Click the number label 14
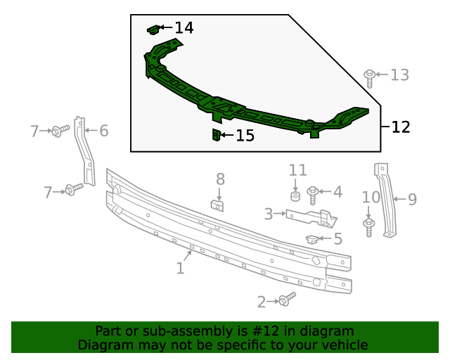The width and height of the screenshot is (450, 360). [184, 28]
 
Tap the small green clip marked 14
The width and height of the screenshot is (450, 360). [153, 29]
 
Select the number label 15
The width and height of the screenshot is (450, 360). [245, 136]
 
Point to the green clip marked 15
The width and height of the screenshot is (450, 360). [217, 134]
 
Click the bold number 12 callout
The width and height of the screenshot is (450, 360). [400, 127]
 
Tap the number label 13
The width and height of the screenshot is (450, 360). [399, 75]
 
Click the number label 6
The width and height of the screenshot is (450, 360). [103, 130]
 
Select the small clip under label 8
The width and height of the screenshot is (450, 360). [218, 205]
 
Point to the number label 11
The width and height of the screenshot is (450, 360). [298, 170]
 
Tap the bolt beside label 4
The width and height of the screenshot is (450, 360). [314, 192]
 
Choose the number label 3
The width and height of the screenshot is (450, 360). [269, 214]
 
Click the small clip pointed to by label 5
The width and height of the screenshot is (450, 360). [311, 239]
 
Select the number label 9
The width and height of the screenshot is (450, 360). [412, 200]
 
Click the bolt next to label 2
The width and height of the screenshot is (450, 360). [285, 300]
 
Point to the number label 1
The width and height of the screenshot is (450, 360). [180, 268]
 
